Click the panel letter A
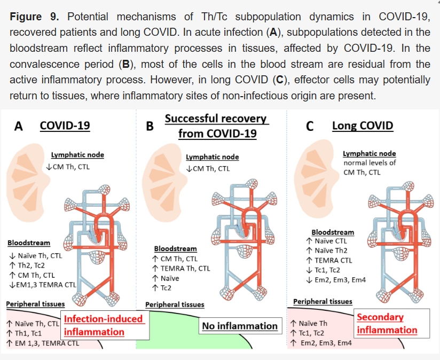tap(19, 127)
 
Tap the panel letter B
tap(150, 127)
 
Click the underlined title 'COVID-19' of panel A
tap(65, 126)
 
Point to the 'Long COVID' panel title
tap(363, 126)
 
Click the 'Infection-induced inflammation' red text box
tap(103, 325)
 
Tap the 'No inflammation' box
tap(240, 326)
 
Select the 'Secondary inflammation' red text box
tap(387, 323)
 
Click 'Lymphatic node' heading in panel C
tap(369, 154)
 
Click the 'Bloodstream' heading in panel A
tap(29, 243)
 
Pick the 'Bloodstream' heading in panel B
tap(175, 248)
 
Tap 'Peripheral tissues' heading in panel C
tap(323, 302)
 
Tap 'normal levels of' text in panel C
tap(369, 163)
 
